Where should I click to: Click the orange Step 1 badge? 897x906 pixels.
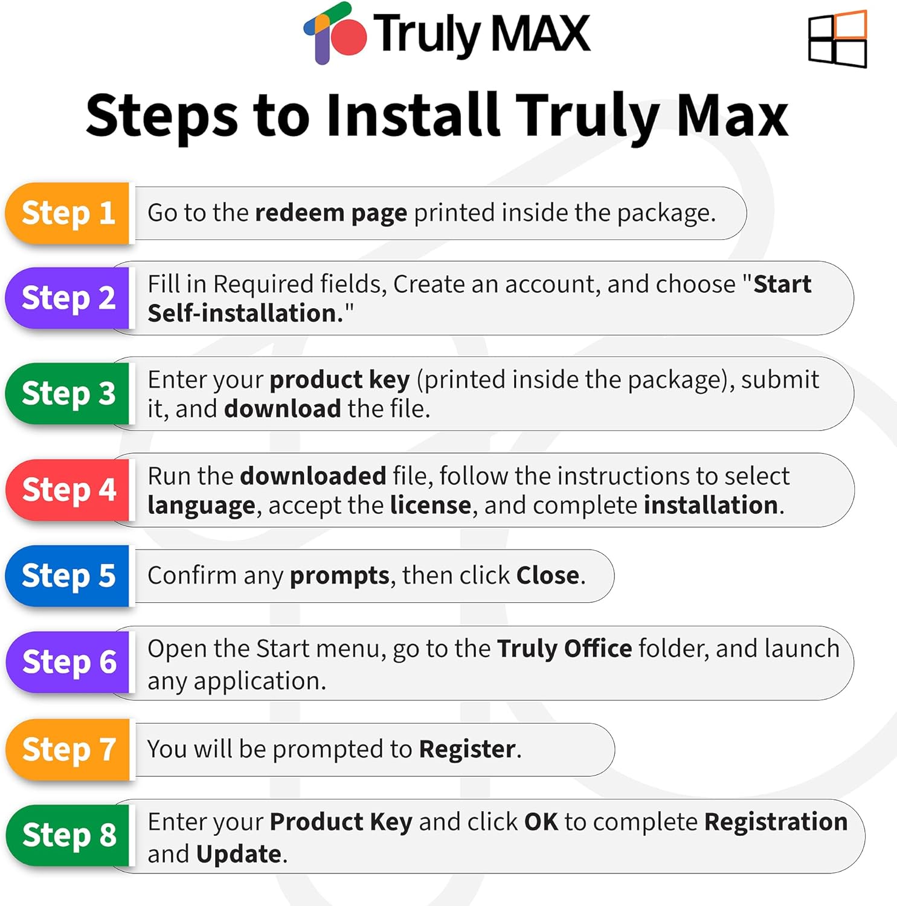68,213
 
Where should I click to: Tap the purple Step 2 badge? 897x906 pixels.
68,298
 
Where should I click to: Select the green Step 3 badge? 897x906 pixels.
68,393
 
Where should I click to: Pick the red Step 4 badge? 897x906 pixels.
68,489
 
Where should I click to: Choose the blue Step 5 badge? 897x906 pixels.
68,576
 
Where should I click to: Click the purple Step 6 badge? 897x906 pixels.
68,662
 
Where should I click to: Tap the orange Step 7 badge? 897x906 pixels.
68,749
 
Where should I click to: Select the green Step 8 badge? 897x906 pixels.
68,835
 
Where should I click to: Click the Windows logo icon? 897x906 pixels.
837,39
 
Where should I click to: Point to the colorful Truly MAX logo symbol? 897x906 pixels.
335,33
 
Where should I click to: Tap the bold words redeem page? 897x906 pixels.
331,213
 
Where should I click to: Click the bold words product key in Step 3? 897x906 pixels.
339,380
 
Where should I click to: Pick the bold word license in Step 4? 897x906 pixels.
431,505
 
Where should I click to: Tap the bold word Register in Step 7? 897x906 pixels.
468,750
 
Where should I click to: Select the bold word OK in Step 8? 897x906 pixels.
541,821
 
